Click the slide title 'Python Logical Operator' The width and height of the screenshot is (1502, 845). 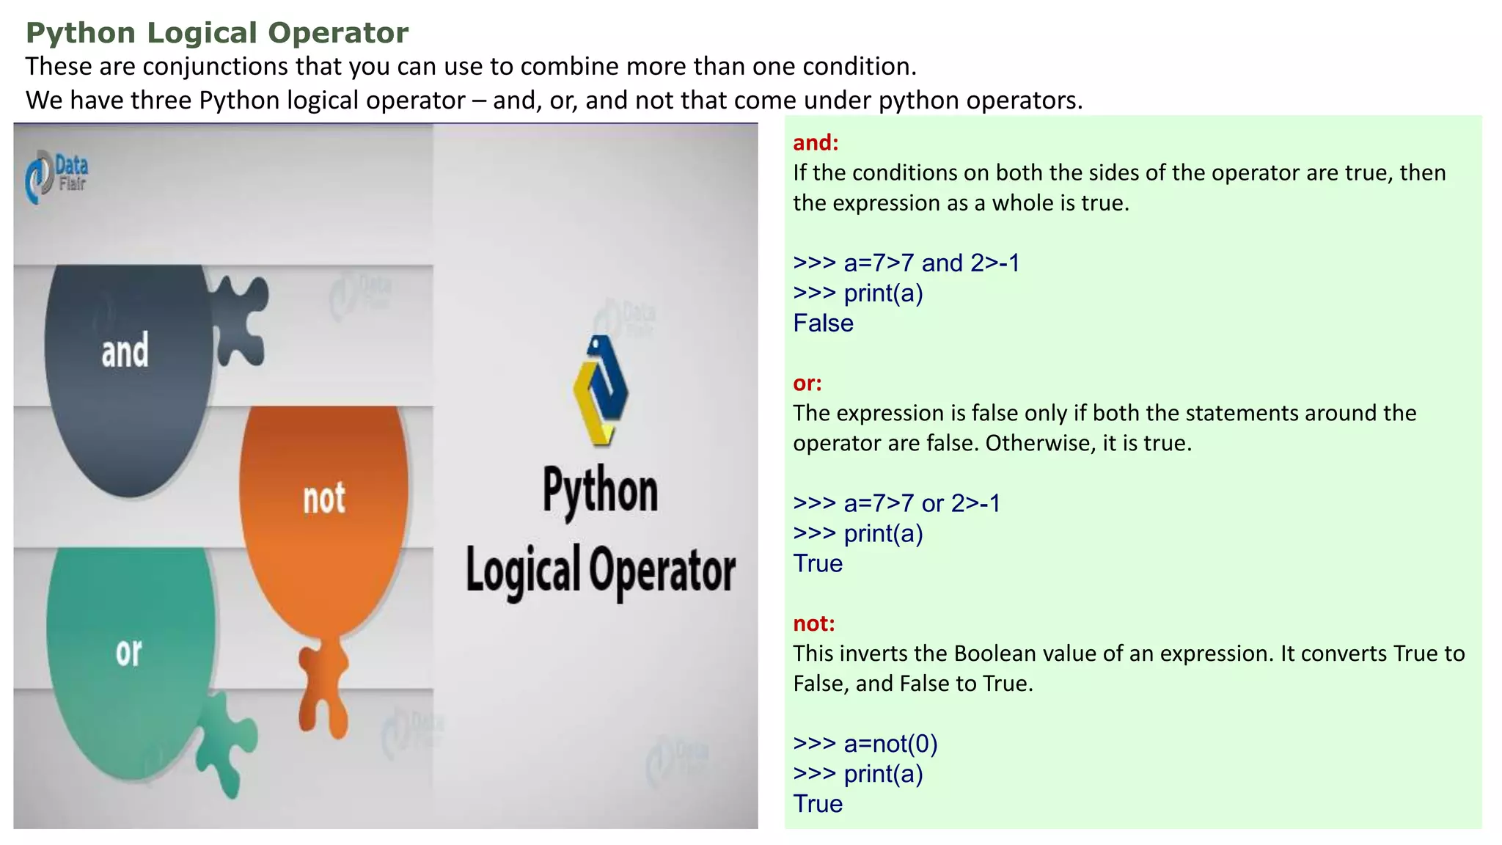217,33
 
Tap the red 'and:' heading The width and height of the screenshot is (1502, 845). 816,142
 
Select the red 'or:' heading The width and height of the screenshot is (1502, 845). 807,383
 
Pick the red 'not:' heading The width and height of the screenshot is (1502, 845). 814,623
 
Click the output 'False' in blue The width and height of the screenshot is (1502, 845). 823,323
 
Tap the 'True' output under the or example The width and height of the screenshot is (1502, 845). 818,563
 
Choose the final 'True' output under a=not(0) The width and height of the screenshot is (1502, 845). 818,804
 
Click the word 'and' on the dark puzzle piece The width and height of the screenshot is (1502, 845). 125,351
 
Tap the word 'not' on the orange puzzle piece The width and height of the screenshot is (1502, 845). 324,499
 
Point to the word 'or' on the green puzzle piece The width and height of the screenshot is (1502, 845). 129,652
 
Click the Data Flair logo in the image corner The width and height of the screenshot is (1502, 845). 57,176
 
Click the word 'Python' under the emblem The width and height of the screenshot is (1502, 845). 601,491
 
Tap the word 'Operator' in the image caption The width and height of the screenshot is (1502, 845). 662,570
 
